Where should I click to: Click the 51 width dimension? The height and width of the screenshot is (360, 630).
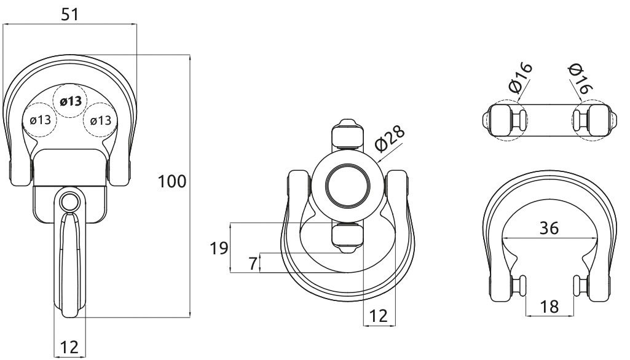70,15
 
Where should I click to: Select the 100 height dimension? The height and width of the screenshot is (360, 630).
172,182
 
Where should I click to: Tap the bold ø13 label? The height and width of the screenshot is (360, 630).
71,101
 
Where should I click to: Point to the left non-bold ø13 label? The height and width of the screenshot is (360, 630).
41,120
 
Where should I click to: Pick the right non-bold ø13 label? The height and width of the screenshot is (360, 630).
101,120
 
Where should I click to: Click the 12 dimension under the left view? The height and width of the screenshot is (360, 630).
69,346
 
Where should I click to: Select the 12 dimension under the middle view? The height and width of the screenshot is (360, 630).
379,316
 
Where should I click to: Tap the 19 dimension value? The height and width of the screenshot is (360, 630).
219,248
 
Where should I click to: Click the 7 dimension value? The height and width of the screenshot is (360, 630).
253,264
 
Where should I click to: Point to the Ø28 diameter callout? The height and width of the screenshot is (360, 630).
389,139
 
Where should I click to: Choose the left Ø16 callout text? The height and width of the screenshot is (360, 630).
520,77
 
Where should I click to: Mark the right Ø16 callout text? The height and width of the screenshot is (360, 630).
581,79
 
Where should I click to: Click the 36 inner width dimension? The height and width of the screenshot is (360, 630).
549,228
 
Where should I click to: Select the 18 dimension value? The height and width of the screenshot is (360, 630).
549,307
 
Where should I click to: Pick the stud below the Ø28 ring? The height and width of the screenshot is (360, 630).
347,238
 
